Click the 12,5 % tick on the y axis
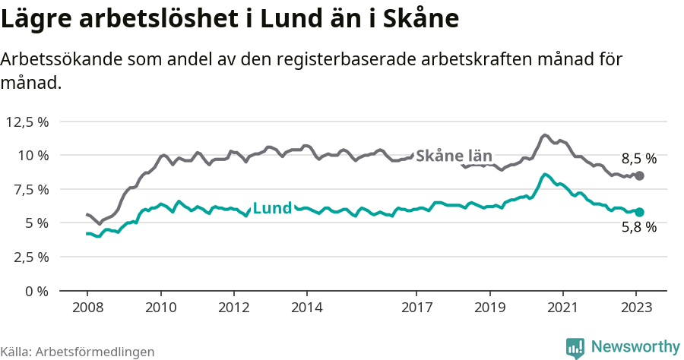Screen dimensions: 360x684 coord(27,122)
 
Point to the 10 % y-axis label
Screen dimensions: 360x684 coord(33,156)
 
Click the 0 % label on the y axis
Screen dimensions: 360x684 coord(36,291)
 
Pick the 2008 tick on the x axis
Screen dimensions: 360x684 coord(87,308)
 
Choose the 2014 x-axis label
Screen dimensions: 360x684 coord(306,308)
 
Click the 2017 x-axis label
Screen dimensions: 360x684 coord(416,308)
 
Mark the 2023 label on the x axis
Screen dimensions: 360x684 coord(636,308)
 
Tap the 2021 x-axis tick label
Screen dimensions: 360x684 coord(562,308)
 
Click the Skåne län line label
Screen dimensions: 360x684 coord(454,156)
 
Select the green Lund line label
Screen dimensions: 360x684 coord(271,208)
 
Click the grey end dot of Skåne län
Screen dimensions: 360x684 coord(639,175)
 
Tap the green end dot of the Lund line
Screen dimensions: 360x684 coord(639,212)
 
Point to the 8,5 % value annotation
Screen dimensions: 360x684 coord(638,159)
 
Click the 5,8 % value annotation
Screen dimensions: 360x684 coord(638,226)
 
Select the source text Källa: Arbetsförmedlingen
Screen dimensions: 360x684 coord(78,352)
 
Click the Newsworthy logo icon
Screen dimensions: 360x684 coord(575,348)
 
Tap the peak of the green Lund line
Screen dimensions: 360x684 coord(545,175)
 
